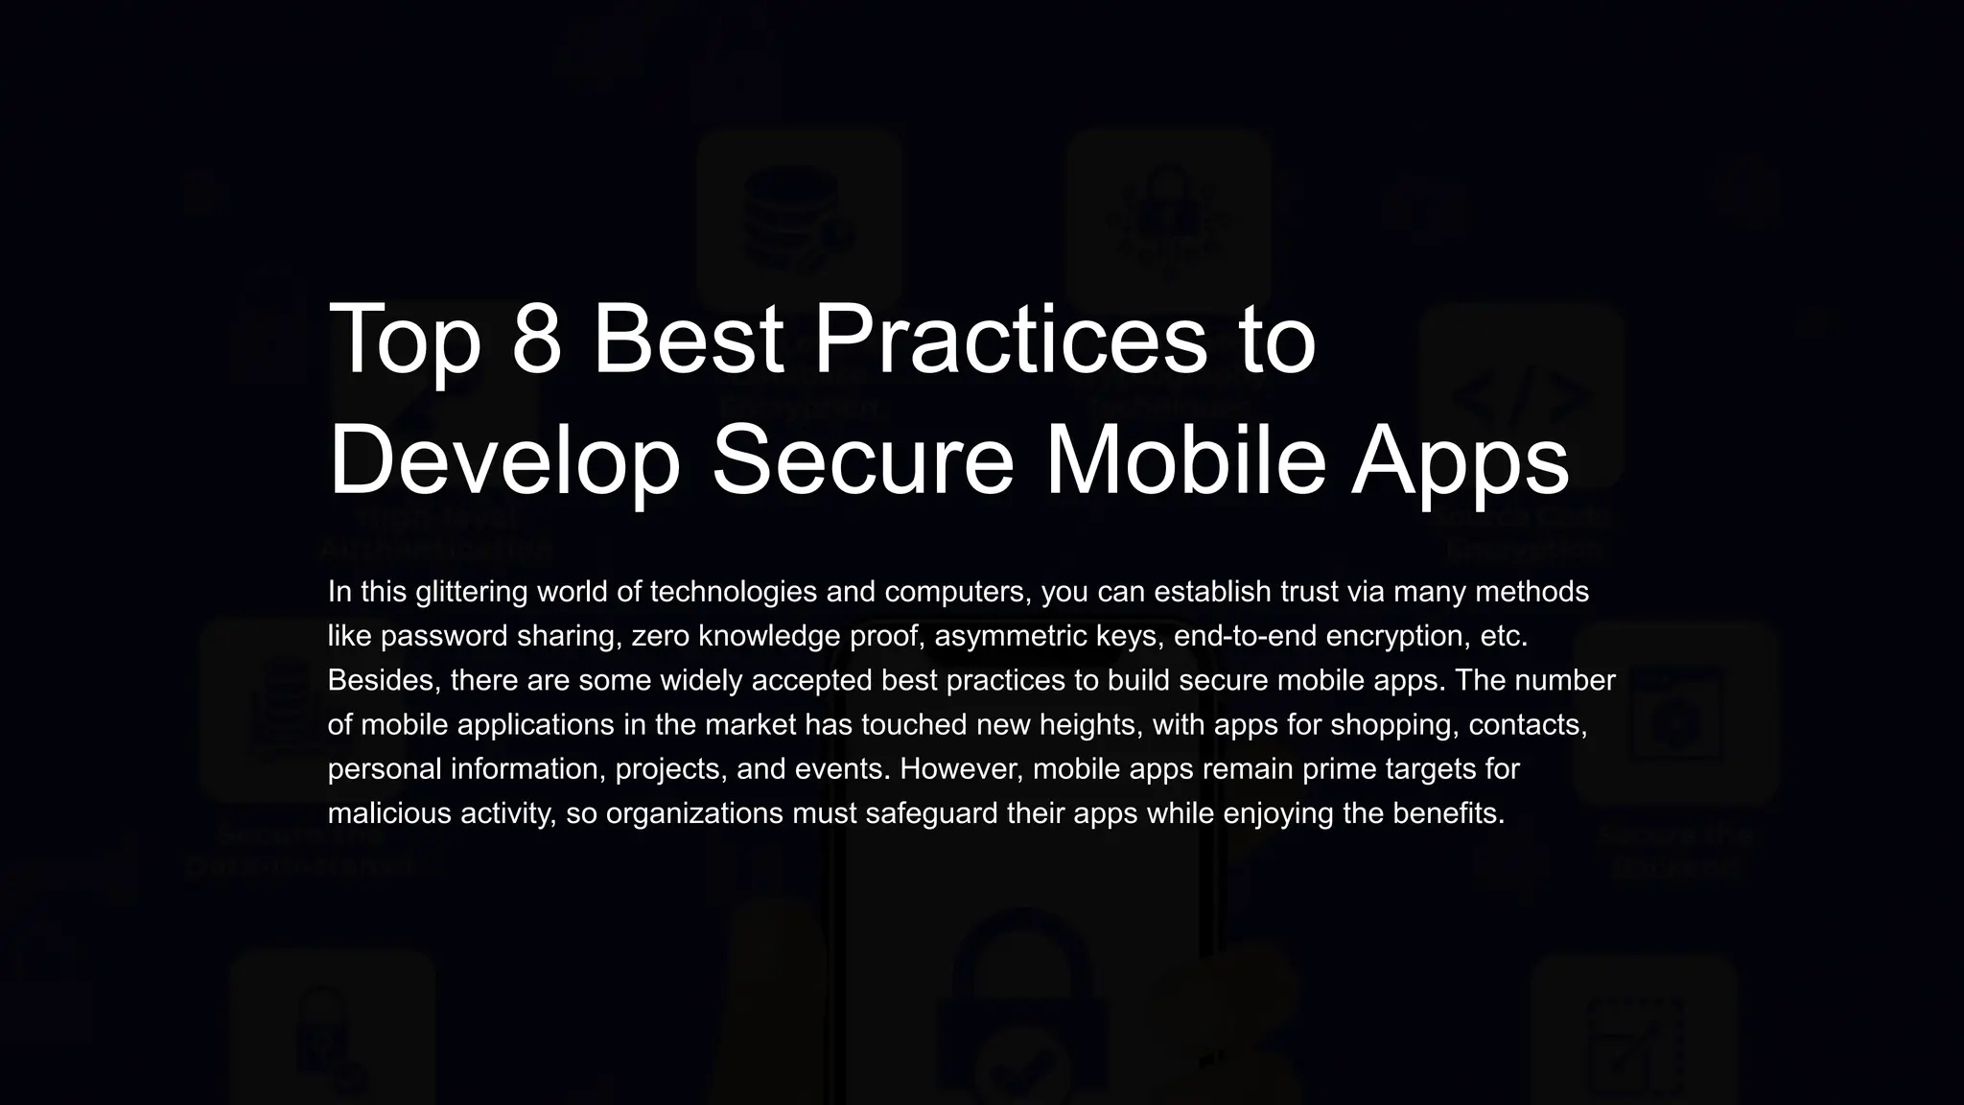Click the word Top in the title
click(x=404, y=341)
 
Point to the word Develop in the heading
click(x=504, y=462)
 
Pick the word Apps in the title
click(x=1460, y=462)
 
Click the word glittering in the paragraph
click(x=471, y=592)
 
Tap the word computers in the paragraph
click(x=957, y=593)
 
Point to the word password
click(x=445, y=636)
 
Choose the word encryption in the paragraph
click(x=1390, y=636)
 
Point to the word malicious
click(x=389, y=813)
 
